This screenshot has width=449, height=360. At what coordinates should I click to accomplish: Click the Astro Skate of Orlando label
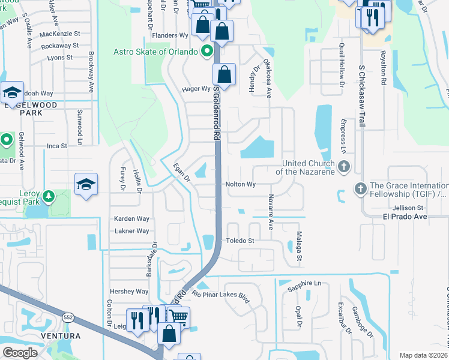click(x=155, y=52)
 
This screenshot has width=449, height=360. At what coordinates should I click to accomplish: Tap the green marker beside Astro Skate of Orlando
click(x=207, y=51)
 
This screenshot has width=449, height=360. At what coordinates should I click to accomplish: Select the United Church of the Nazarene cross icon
click(x=344, y=166)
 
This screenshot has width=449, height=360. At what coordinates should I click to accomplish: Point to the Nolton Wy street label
click(x=240, y=185)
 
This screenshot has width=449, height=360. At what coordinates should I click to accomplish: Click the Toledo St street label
click(x=240, y=241)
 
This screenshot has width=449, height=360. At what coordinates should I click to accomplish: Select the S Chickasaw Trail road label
click(x=361, y=96)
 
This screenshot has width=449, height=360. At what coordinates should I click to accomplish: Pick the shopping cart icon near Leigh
click(x=178, y=317)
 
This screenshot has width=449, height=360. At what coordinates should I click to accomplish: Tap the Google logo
click(x=20, y=353)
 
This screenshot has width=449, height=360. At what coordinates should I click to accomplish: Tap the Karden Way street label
click(x=131, y=219)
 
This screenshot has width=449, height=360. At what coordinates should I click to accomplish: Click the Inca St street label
click(x=56, y=145)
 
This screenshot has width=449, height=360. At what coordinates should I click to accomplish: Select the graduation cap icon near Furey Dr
click(x=86, y=185)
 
